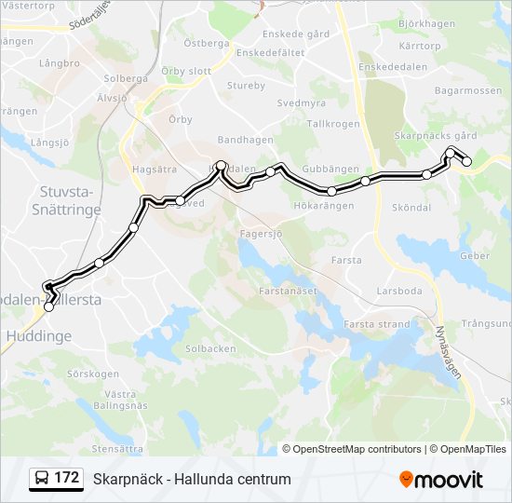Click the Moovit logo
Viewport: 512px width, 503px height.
[441, 480]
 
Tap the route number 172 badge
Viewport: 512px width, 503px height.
[56, 478]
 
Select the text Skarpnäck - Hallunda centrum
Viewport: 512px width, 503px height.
[192, 480]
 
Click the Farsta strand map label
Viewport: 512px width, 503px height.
[376, 324]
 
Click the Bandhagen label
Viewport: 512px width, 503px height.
[245, 140]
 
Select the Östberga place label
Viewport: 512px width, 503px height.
[206, 43]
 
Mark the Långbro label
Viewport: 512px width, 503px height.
[61, 63]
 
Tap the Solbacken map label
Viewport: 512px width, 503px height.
[210, 348]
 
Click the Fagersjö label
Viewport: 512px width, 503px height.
[261, 235]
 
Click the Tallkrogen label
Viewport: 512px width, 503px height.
[332, 123]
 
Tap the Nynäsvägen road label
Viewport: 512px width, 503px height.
[447, 348]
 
